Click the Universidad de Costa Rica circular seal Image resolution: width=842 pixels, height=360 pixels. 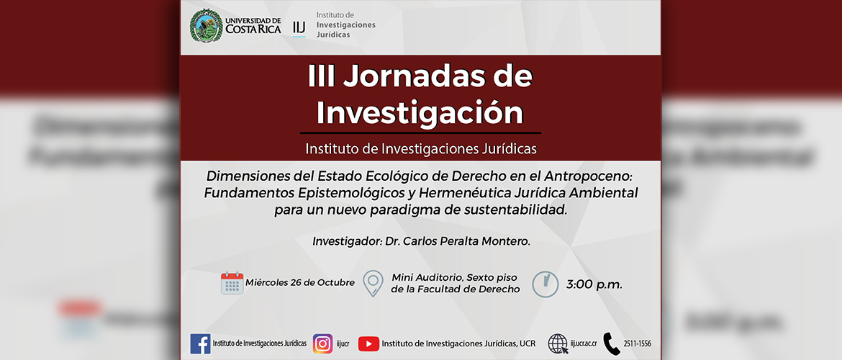[x=207, y=25]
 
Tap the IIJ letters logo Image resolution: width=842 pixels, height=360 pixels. [x=299, y=27]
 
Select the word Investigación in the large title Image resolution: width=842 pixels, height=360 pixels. [x=420, y=112]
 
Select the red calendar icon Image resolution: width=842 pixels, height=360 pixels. [x=232, y=283]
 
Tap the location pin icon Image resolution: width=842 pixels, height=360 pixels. [x=373, y=284]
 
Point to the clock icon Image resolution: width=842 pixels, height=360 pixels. [x=545, y=284]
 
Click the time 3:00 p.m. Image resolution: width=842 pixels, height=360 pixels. [x=594, y=285]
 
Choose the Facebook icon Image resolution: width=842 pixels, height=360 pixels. [x=200, y=344]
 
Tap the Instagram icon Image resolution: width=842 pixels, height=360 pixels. [x=322, y=344]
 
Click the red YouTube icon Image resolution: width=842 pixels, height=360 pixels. [x=368, y=344]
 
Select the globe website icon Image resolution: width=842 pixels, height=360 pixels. [x=558, y=344]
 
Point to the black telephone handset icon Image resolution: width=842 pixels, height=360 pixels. [x=612, y=344]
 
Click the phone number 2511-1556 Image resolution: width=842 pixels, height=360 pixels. [x=638, y=344]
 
